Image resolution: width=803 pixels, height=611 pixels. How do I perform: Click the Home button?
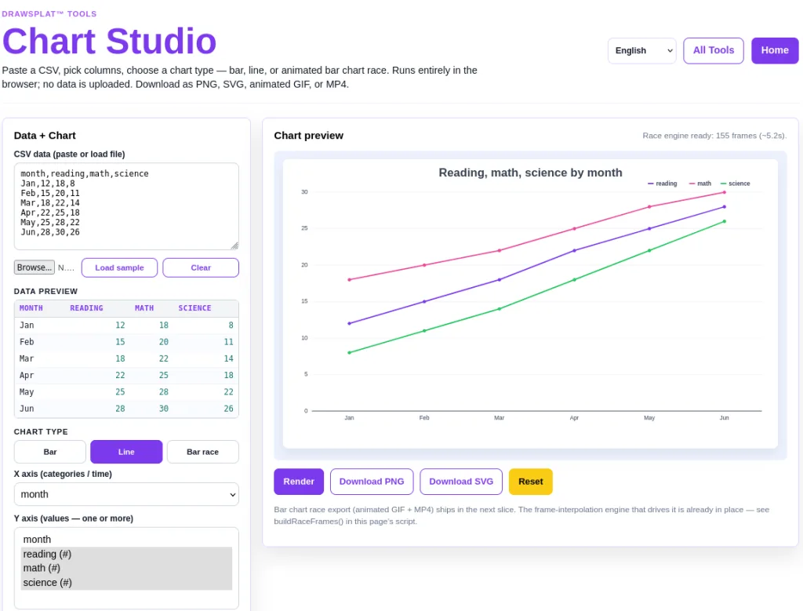pyautogui.click(x=774, y=50)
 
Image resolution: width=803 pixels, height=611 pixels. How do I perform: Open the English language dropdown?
pyautogui.click(x=641, y=50)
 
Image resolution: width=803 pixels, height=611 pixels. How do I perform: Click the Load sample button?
pyautogui.click(x=119, y=267)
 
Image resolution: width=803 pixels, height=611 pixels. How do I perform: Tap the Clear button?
pyautogui.click(x=201, y=267)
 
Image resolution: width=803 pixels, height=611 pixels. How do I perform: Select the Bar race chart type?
pyautogui.click(x=203, y=452)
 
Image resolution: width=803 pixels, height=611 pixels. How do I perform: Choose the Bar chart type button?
pyautogui.click(x=50, y=452)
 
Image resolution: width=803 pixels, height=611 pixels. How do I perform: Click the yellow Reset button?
pyautogui.click(x=531, y=482)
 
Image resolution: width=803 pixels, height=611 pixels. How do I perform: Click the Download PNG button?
pyautogui.click(x=372, y=482)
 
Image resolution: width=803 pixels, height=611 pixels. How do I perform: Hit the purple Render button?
pyautogui.click(x=299, y=482)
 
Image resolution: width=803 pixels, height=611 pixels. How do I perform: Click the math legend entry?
pyautogui.click(x=700, y=184)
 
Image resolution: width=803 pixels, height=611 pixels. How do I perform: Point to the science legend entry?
pyautogui.click(x=735, y=184)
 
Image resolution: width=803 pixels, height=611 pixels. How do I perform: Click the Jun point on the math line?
pyautogui.click(x=724, y=193)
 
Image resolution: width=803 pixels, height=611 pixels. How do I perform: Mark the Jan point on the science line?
pyautogui.click(x=349, y=352)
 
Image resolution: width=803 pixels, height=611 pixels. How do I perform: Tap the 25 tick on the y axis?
pyautogui.click(x=305, y=228)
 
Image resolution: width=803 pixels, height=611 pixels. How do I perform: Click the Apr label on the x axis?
pyautogui.click(x=574, y=418)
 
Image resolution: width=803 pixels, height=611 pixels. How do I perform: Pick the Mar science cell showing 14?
pyautogui.click(x=228, y=358)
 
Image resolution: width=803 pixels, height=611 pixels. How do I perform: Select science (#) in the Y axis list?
pyautogui.click(x=48, y=582)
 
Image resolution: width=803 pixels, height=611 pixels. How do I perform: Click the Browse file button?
pyautogui.click(x=35, y=267)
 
